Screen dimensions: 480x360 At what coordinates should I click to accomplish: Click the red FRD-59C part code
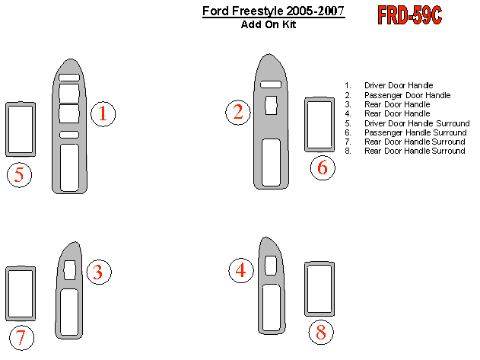click(x=409, y=15)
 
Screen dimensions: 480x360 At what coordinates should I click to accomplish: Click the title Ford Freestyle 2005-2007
click(x=273, y=11)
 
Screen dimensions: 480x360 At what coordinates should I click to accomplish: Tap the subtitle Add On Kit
click(x=269, y=24)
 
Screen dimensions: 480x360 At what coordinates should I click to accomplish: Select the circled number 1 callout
click(x=103, y=114)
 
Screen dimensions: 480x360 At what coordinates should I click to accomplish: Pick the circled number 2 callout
click(x=238, y=112)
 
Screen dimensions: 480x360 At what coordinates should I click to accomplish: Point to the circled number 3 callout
click(x=99, y=272)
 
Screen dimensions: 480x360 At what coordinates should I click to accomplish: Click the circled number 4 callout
click(x=241, y=270)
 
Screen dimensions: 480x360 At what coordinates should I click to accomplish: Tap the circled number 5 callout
click(x=19, y=174)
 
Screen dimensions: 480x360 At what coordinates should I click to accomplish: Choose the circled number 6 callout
click(x=323, y=167)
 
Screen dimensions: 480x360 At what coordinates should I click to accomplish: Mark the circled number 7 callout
click(x=21, y=338)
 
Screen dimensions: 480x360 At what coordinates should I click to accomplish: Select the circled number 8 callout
click(x=321, y=332)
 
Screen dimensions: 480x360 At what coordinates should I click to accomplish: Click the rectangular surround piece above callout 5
click(x=7, y=129)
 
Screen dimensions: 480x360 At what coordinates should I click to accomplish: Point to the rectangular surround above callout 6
click(x=306, y=124)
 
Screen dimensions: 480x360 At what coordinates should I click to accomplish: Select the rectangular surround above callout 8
click(x=306, y=289)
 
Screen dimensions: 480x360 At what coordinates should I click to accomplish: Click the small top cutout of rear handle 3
click(x=70, y=270)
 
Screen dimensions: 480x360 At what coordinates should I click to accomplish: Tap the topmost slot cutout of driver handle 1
click(x=69, y=77)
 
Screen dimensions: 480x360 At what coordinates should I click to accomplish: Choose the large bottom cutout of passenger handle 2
click(x=272, y=162)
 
